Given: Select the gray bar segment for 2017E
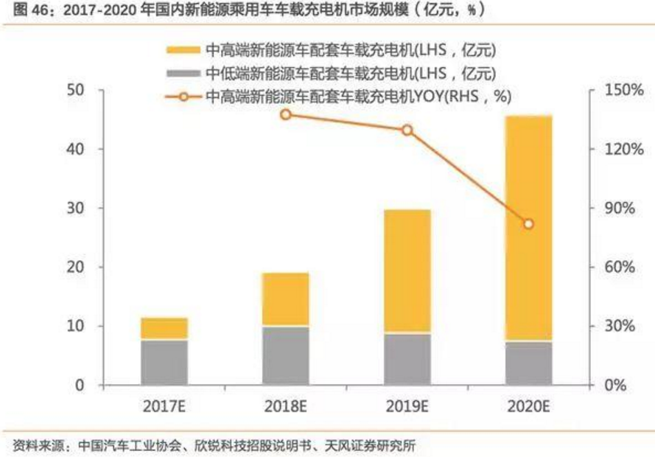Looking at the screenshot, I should coord(165,362).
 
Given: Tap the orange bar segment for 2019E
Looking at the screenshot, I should coord(407,271).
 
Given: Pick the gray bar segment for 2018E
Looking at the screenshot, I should coord(286,355).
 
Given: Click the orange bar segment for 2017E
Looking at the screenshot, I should coord(165,328).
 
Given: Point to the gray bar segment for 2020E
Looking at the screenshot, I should coord(528,363).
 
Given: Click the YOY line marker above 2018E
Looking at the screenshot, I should coord(286,114).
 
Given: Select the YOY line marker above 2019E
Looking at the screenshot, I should coord(407,130).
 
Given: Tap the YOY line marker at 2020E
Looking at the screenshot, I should coord(528,224).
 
